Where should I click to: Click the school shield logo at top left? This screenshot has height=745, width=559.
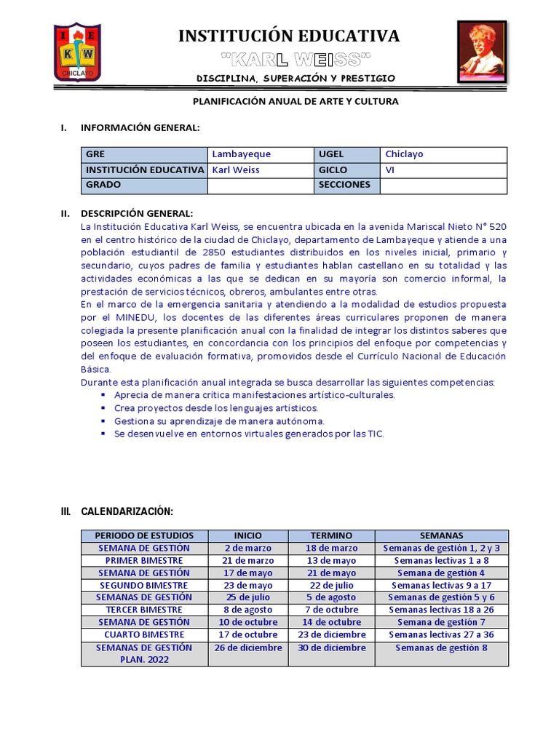click(78, 52)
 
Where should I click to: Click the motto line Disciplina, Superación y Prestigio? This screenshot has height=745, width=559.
click(296, 78)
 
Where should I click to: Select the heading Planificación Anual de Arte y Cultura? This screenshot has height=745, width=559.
click(295, 101)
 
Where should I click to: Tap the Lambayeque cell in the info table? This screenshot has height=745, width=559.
click(260, 154)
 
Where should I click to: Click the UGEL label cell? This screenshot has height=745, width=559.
click(346, 154)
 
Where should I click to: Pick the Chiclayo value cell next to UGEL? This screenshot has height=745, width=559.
click(443, 154)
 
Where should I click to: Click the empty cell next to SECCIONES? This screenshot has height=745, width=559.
click(443, 185)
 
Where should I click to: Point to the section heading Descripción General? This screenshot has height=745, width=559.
click(137, 213)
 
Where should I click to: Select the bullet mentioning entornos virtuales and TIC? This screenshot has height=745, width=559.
click(248, 434)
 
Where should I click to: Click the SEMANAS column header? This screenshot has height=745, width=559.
click(441, 535)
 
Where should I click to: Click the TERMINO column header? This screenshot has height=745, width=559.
click(331, 535)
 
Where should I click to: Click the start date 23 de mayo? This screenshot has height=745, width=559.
click(248, 586)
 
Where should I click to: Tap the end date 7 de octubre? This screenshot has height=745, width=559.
click(331, 610)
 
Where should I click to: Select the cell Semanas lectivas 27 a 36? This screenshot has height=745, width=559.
click(441, 634)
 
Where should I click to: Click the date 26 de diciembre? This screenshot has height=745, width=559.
click(248, 648)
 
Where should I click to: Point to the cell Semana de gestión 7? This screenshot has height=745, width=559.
click(441, 622)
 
